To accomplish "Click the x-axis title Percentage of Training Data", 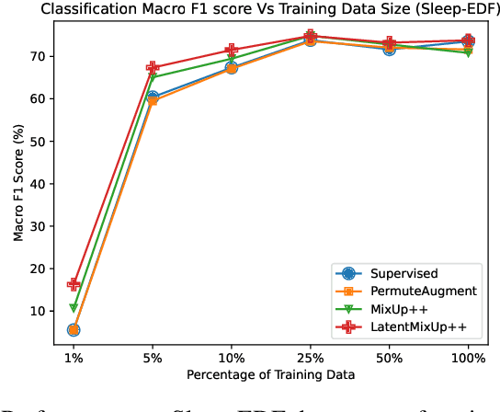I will (270, 375).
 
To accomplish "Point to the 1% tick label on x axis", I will (74, 356).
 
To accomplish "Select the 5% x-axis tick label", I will (153, 356).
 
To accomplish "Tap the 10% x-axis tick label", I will (231, 356).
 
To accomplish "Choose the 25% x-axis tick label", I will (310, 356).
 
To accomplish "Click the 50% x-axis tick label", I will (389, 356).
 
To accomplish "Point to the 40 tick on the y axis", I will (41, 183).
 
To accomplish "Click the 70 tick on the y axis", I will (41, 56).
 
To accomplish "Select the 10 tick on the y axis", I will (41, 311).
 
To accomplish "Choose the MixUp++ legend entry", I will (401, 309).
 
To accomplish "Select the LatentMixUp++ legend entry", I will (418, 326).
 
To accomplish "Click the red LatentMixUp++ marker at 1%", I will (74, 284).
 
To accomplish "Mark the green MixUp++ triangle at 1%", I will (74, 308).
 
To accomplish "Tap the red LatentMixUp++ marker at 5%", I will (153, 68).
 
